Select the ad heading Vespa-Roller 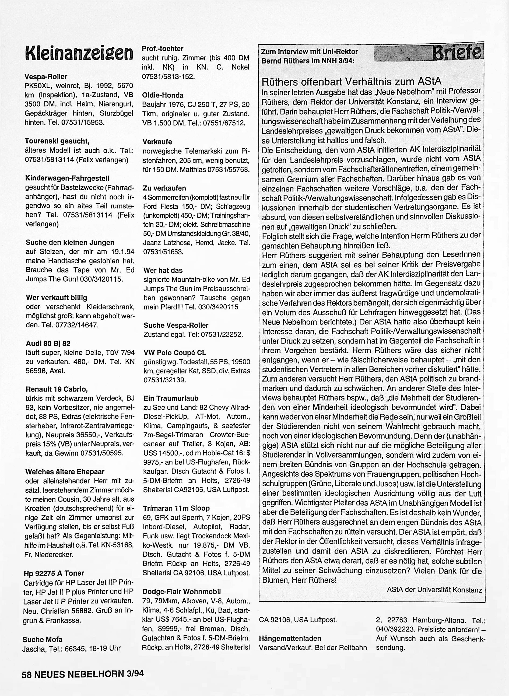click(46, 76)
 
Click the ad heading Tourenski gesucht click(57, 141)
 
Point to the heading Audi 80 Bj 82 click(48, 343)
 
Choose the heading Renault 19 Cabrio click(55, 389)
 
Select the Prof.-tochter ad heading click(162, 49)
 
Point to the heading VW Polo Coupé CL click(175, 353)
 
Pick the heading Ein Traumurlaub click(171, 398)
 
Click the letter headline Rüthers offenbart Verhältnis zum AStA click(351, 81)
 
